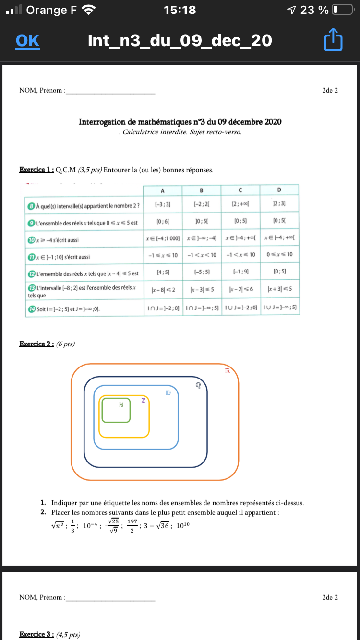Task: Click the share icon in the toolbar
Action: pos(333,41)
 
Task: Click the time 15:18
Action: pos(180,10)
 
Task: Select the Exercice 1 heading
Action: pos(36,169)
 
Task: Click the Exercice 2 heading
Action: pos(36,344)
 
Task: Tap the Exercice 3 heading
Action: pos(36,634)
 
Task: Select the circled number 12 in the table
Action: pos(31,273)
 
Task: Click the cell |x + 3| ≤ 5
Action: pos(279,289)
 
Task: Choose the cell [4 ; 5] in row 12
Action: pos(161,272)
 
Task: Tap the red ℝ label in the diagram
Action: pos(228,370)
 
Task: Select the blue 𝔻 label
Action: pos(168,393)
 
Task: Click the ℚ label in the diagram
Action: pos(198,385)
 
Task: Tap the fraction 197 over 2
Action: pos(132,524)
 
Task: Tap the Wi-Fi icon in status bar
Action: pos(88,10)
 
